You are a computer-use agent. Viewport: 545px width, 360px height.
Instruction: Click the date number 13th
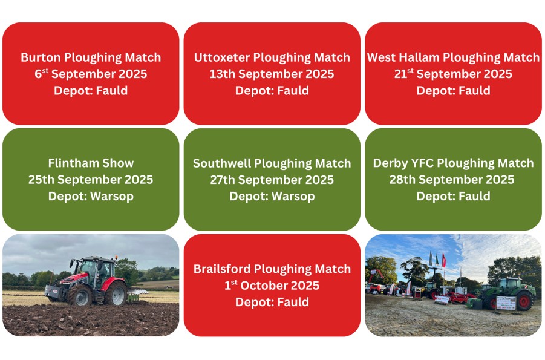pyautogui.click(x=223, y=74)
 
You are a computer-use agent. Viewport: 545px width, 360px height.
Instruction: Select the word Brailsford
pyautogui.click(x=221, y=269)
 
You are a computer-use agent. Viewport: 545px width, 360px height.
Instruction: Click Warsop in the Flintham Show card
pyautogui.click(x=111, y=197)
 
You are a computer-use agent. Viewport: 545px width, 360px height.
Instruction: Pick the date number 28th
pyautogui.click(x=402, y=180)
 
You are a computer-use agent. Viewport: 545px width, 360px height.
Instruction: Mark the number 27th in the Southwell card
pyautogui.click(x=223, y=180)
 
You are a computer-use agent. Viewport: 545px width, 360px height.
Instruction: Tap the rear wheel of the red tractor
pyautogui.click(x=116, y=293)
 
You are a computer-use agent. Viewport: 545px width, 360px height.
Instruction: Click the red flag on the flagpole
pyautogui.click(x=443, y=260)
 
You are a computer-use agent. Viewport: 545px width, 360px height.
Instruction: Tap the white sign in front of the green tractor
pyautogui.click(x=506, y=303)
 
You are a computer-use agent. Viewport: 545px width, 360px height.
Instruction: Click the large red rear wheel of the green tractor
pyautogui.click(x=524, y=301)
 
